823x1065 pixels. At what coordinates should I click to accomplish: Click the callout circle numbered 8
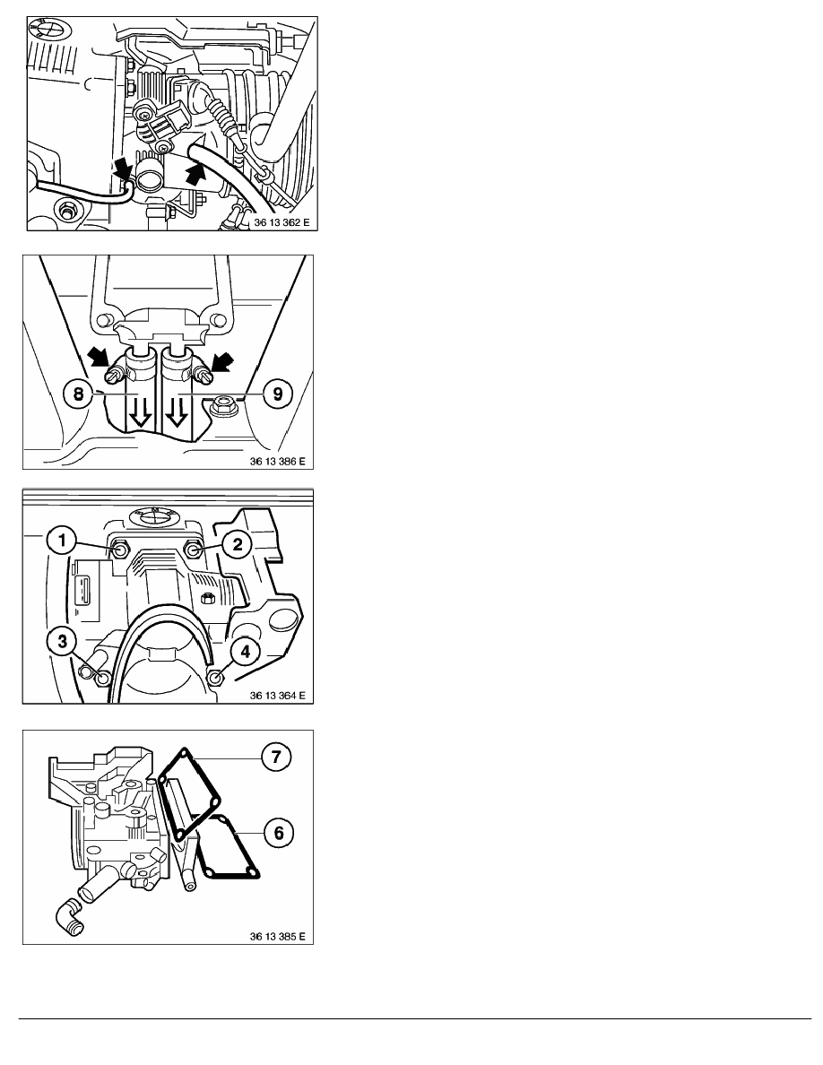78,394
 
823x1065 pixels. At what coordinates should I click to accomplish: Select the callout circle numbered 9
277,394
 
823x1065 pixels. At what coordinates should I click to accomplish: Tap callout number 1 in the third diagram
62,541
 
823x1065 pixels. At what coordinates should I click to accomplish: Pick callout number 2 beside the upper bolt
238,544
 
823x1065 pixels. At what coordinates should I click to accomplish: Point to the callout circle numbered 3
62,640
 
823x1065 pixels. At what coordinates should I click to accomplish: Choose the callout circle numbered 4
245,652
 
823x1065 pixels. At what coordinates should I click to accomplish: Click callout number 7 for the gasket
276,757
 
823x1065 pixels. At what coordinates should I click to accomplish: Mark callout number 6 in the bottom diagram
279,832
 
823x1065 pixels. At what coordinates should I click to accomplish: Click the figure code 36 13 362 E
282,223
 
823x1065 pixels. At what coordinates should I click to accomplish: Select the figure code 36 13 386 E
277,461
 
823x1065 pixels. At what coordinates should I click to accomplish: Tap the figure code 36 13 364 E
277,696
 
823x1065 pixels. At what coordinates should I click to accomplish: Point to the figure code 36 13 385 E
277,937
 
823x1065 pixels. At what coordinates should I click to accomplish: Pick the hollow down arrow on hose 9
177,413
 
